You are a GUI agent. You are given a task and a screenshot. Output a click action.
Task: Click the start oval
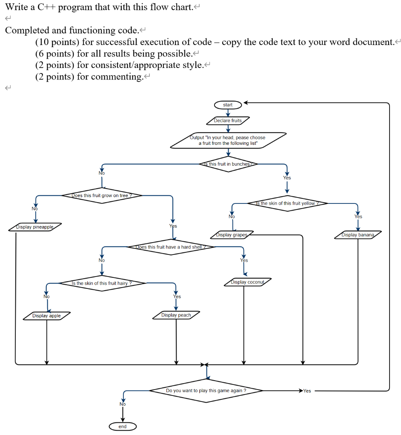(x=228, y=105)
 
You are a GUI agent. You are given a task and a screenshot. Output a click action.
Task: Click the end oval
(x=123, y=426)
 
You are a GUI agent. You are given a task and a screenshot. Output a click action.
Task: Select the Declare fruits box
(x=228, y=121)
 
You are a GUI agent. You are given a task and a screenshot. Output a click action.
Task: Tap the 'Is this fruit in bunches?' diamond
(x=229, y=164)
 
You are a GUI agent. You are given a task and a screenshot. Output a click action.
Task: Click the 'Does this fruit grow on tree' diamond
(x=101, y=196)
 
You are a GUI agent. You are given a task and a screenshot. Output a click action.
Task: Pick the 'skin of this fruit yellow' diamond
(x=287, y=203)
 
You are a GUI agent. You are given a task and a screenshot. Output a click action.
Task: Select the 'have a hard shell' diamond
(x=170, y=247)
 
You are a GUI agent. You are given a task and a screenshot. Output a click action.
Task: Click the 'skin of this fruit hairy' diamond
(x=101, y=283)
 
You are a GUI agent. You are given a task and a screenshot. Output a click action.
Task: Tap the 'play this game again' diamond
(x=206, y=390)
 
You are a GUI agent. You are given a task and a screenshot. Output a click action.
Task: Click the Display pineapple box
(x=35, y=227)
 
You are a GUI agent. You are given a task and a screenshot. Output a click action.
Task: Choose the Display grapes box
(x=232, y=235)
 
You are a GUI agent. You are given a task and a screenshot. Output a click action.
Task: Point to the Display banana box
(x=358, y=235)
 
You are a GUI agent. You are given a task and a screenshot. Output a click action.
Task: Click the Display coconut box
(x=247, y=282)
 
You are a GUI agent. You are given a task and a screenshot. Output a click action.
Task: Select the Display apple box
(x=46, y=316)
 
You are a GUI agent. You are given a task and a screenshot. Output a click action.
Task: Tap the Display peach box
(x=176, y=315)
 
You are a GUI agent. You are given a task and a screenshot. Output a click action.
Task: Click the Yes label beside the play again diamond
(x=307, y=391)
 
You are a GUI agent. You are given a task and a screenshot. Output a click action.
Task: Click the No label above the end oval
(x=123, y=404)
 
